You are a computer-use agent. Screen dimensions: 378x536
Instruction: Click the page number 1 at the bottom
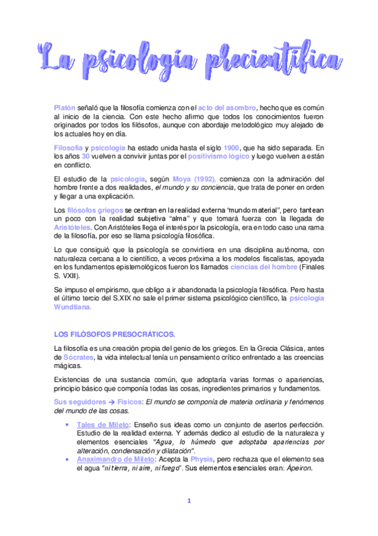pos(189,502)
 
